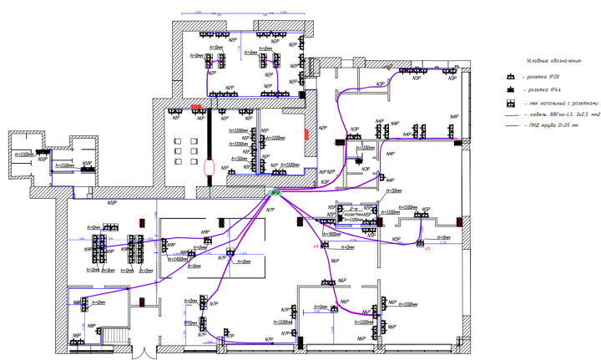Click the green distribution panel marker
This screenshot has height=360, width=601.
click(275, 193)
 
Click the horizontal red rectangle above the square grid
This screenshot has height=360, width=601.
click(195, 107)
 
